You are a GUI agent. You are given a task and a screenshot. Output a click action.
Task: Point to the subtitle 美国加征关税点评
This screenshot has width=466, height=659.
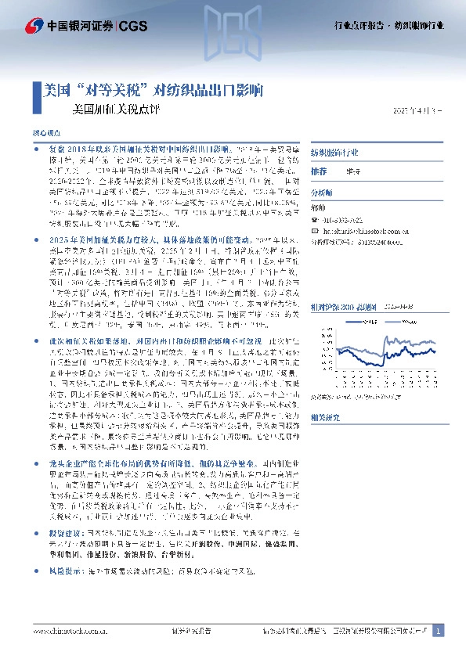pos(115,110)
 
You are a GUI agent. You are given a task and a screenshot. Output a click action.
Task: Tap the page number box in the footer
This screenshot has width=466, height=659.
pos(439,631)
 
